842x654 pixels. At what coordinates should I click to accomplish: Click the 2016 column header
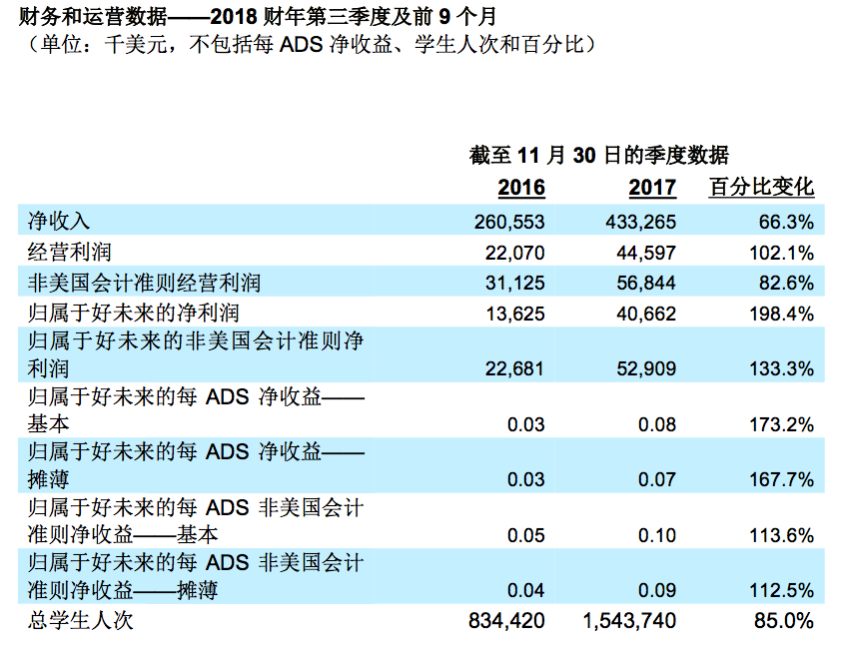coord(521,188)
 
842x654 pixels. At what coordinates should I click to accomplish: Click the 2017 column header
coord(652,188)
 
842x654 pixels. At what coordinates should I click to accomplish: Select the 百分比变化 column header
coord(761,188)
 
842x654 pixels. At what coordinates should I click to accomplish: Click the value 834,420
coord(507,621)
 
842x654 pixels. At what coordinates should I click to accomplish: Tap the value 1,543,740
coord(629,621)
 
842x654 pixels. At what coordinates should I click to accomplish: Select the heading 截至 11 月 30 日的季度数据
coord(598,156)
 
